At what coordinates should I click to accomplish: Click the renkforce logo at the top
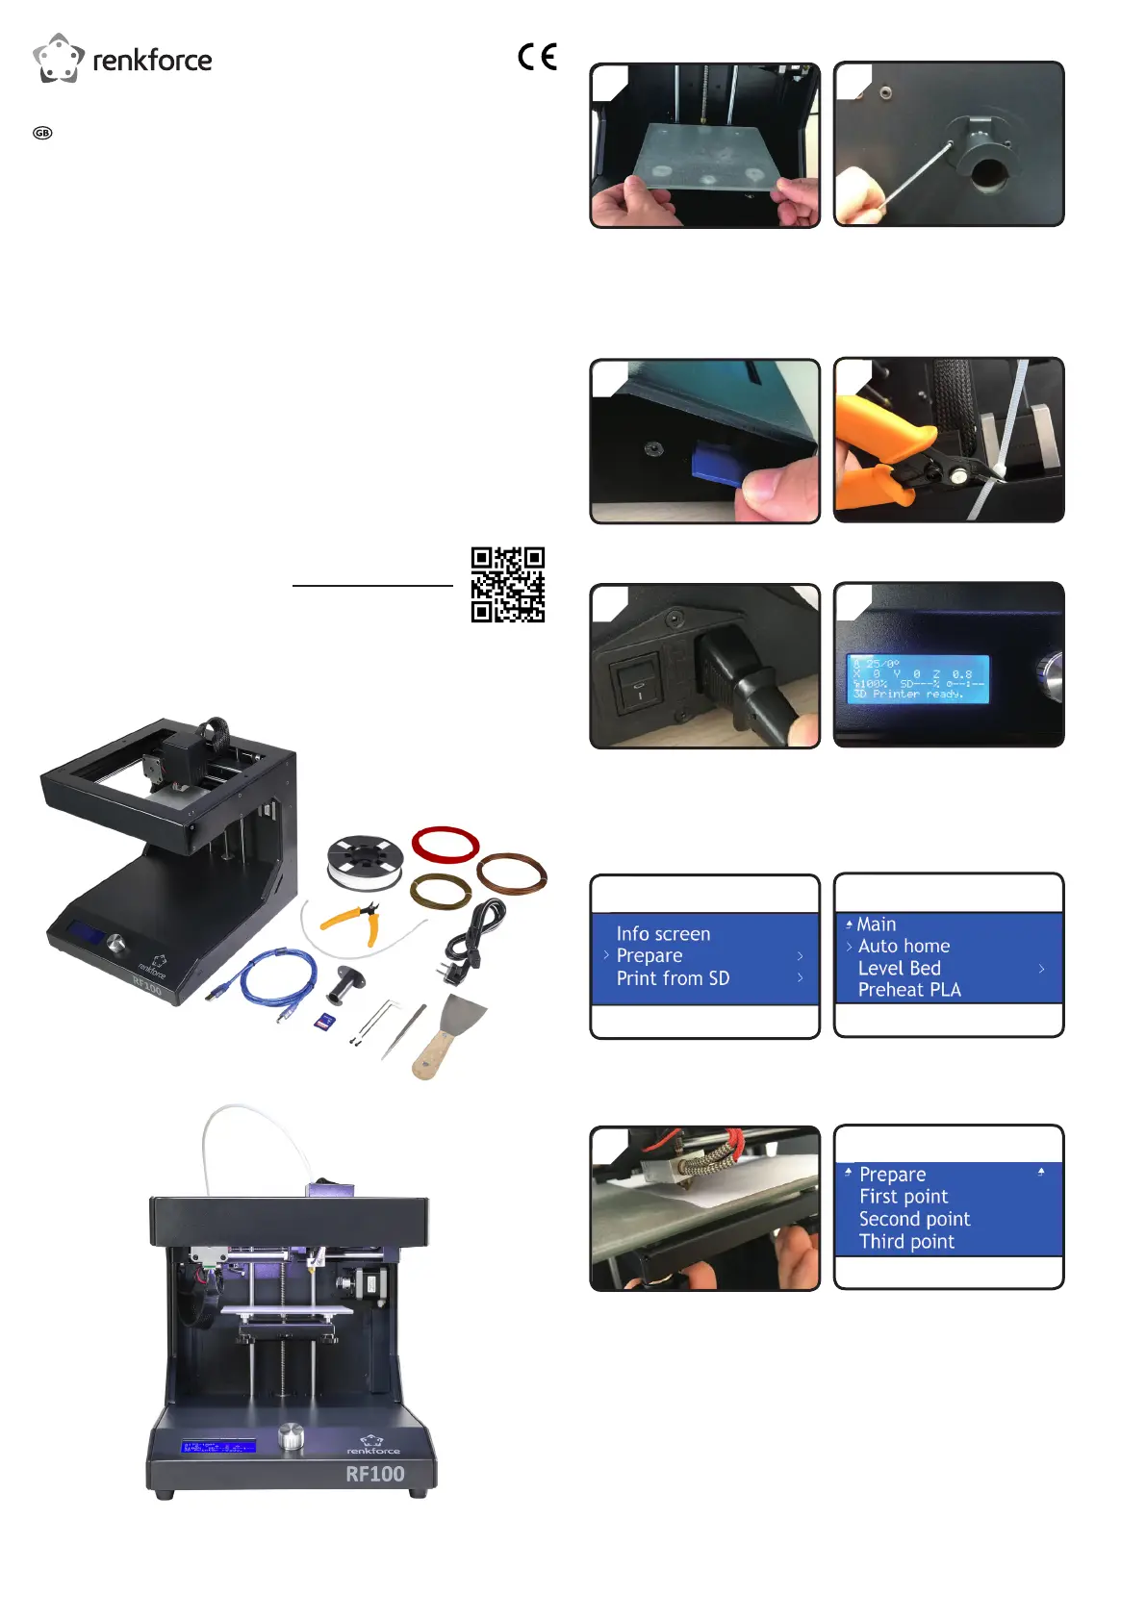122,59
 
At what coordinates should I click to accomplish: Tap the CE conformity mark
537,57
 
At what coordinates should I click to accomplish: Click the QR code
507,585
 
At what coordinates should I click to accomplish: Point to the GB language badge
42,133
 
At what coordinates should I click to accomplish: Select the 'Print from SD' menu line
673,978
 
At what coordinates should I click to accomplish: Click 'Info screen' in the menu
663,934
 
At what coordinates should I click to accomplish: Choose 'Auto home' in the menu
904,947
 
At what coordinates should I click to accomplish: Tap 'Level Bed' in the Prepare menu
899,969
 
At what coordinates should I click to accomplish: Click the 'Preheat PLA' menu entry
909,990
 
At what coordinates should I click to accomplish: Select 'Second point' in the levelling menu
914,1220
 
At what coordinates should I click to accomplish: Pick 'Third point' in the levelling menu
906,1242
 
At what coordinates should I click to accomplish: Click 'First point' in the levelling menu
904,1197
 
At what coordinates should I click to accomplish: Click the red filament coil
446,845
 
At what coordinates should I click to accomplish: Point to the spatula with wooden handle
448,1034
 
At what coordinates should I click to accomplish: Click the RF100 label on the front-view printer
375,1474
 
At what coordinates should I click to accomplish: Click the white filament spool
364,863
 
